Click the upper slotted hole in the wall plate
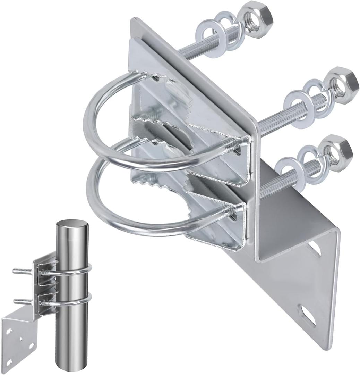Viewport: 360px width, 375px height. (314, 249)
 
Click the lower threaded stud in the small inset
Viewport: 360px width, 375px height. (22, 301)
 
